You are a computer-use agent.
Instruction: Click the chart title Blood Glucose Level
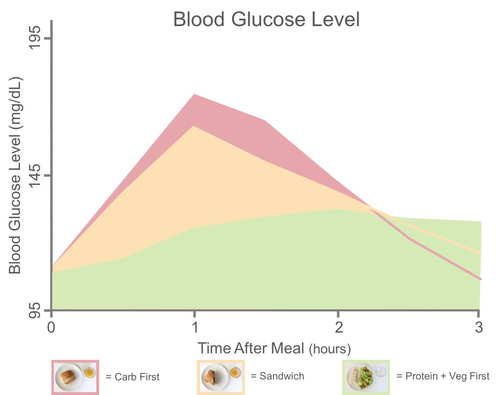[266, 20]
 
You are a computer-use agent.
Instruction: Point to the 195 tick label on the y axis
[35, 38]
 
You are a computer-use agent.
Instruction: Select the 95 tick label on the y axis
[35, 311]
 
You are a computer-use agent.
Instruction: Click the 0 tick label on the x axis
[51, 327]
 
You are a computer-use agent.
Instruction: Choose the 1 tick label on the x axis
[195, 327]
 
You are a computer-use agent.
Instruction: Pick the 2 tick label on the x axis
[339, 327]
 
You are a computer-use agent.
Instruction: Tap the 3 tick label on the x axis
[479, 327]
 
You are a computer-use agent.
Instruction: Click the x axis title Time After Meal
[251, 348]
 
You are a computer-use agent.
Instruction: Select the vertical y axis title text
[15, 175]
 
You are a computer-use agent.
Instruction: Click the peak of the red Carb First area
[194, 94]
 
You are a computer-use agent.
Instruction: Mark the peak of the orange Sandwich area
[194, 126]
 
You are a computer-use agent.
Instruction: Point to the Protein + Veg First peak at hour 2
[336, 209]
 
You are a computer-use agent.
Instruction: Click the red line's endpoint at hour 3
[480, 279]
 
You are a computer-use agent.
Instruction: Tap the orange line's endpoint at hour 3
[480, 253]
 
